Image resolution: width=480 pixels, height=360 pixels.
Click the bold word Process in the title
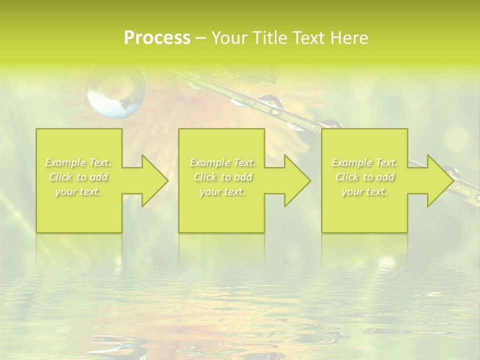(x=157, y=38)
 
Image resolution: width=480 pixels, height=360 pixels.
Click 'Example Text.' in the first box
(x=78, y=162)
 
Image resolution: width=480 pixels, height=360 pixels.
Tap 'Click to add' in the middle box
(x=222, y=177)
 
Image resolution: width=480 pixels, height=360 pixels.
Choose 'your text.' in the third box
(x=364, y=191)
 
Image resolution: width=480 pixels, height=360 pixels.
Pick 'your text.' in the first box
(x=78, y=191)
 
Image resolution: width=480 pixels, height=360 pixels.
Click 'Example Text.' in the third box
(x=364, y=162)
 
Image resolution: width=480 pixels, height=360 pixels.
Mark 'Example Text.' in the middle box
(x=222, y=162)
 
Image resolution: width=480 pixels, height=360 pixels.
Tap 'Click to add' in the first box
(x=78, y=177)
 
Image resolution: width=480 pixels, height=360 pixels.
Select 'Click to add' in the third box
(x=364, y=177)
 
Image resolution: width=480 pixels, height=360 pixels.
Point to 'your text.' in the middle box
(x=222, y=191)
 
